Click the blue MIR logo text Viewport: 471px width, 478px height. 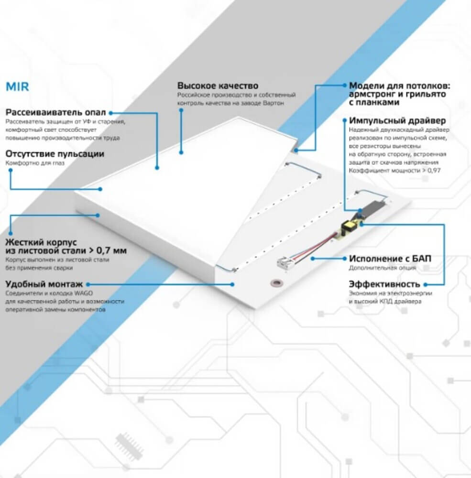(x=17, y=87)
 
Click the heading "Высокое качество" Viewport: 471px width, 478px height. (x=218, y=86)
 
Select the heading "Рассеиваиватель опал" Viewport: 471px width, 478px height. (x=55, y=112)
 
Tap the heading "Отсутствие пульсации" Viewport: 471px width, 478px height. (x=55, y=153)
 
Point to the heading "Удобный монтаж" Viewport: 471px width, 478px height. (x=44, y=284)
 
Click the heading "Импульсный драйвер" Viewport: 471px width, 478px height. (x=397, y=121)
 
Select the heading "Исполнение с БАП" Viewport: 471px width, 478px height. (x=390, y=259)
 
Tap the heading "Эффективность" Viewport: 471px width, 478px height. (x=384, y=284)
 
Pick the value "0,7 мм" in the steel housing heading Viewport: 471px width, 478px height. (x=111, y=250)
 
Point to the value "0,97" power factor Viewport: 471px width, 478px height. (x=434, y=171)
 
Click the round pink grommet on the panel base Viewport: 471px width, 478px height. (x=277, y=283)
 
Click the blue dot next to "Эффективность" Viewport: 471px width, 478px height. (x=426, y=284)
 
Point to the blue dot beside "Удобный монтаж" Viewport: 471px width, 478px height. (x=88, y=284)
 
